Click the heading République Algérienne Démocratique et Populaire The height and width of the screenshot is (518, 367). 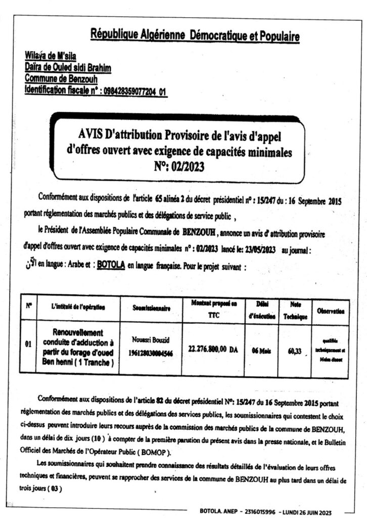(x=195, y=36)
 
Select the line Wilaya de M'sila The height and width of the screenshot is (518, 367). (x=50, y=56)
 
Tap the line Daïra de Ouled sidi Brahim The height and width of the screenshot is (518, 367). (x=68, y=68)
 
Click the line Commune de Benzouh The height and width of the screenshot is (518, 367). (x=61, y=79)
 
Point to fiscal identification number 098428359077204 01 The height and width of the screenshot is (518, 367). (x=134, y=92)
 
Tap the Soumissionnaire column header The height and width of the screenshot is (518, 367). (x=151, y=307)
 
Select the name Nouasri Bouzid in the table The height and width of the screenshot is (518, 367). (x=151, y=342)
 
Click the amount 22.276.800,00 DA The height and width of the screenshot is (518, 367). (x=212, y=349)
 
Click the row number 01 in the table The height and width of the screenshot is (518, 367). (x=29, y=346)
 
